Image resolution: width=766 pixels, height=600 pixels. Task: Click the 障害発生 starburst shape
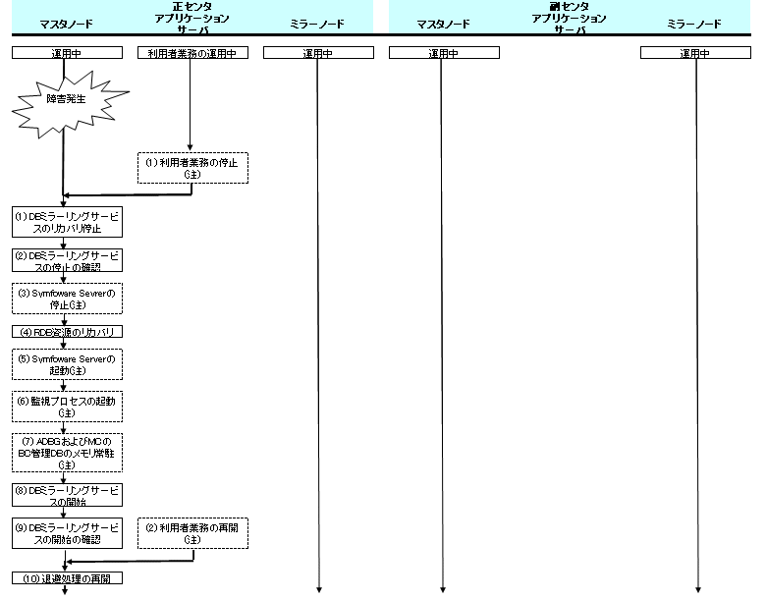pyautogui.click(x=65, y=99)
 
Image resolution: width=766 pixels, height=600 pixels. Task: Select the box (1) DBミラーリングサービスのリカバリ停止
pyautogui.click(x=67, y=222)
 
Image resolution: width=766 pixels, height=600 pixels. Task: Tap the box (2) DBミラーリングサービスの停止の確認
pyautogui.click(x=67, y=260)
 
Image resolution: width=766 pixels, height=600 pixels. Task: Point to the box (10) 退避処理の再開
pyautogui.click(x=67, y=577)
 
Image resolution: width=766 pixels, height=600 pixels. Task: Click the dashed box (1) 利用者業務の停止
pyautogui.click(x=192, y=167)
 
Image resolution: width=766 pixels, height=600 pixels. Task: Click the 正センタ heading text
pyautogui.click(x=191, y=7)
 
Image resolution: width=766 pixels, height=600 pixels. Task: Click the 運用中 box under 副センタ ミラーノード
pyautogui.click(x=695, y=53)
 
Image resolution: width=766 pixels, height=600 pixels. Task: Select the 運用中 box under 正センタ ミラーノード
pyautogui.click(x=318, y=53)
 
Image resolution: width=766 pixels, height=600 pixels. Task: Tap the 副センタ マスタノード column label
pyautogui.click(x=443, y=24)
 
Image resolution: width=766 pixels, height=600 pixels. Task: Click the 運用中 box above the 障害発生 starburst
pyautogui.click(x=67, y=53)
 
